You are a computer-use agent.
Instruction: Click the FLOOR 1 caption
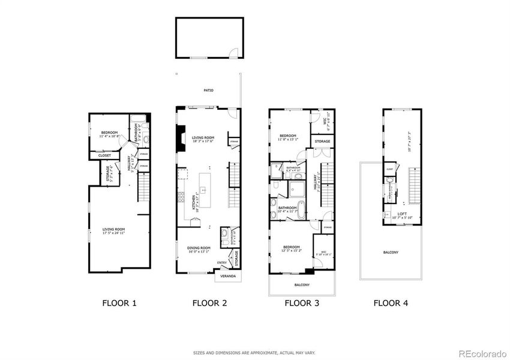119,303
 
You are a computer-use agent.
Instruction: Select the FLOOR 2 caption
209,303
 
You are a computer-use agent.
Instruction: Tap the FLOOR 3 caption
301,303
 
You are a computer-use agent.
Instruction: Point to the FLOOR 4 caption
391,303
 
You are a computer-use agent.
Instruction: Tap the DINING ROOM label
198,247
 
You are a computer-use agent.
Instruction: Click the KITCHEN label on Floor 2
193,205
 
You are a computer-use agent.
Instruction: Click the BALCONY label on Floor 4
391,252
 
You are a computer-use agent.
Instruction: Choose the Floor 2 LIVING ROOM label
203,138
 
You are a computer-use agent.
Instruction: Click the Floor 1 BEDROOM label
109,133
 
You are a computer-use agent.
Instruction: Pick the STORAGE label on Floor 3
322,142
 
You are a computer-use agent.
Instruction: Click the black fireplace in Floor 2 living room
179,139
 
